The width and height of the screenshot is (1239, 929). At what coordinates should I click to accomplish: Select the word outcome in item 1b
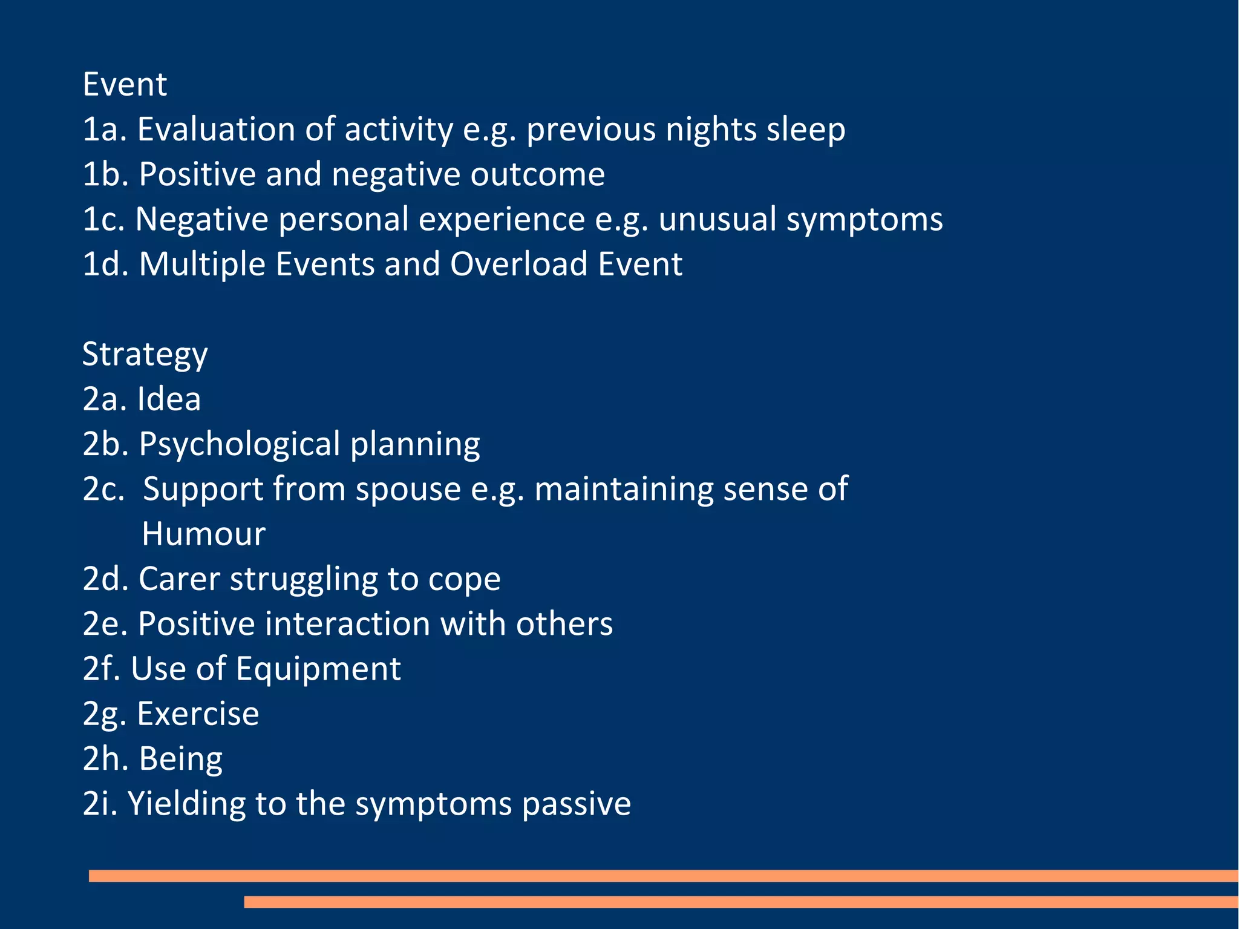point(537,174)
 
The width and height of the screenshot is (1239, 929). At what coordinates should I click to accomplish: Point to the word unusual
point(718,219)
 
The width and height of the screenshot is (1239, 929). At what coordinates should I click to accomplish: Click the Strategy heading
point(145,355)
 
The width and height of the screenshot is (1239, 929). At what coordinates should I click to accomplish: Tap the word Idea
point(169,399)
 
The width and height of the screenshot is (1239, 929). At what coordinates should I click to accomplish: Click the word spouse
point(408,489)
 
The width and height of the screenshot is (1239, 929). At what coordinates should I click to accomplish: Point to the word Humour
point(203,534)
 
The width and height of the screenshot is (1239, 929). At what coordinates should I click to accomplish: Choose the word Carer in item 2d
point(179,579)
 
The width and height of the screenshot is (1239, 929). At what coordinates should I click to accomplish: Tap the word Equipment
point(318,669)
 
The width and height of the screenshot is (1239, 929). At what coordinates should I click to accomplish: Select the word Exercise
point(198,714)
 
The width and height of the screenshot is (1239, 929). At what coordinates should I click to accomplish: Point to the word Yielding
point(186,804)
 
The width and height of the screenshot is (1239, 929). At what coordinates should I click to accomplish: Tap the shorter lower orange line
point(740,902)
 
